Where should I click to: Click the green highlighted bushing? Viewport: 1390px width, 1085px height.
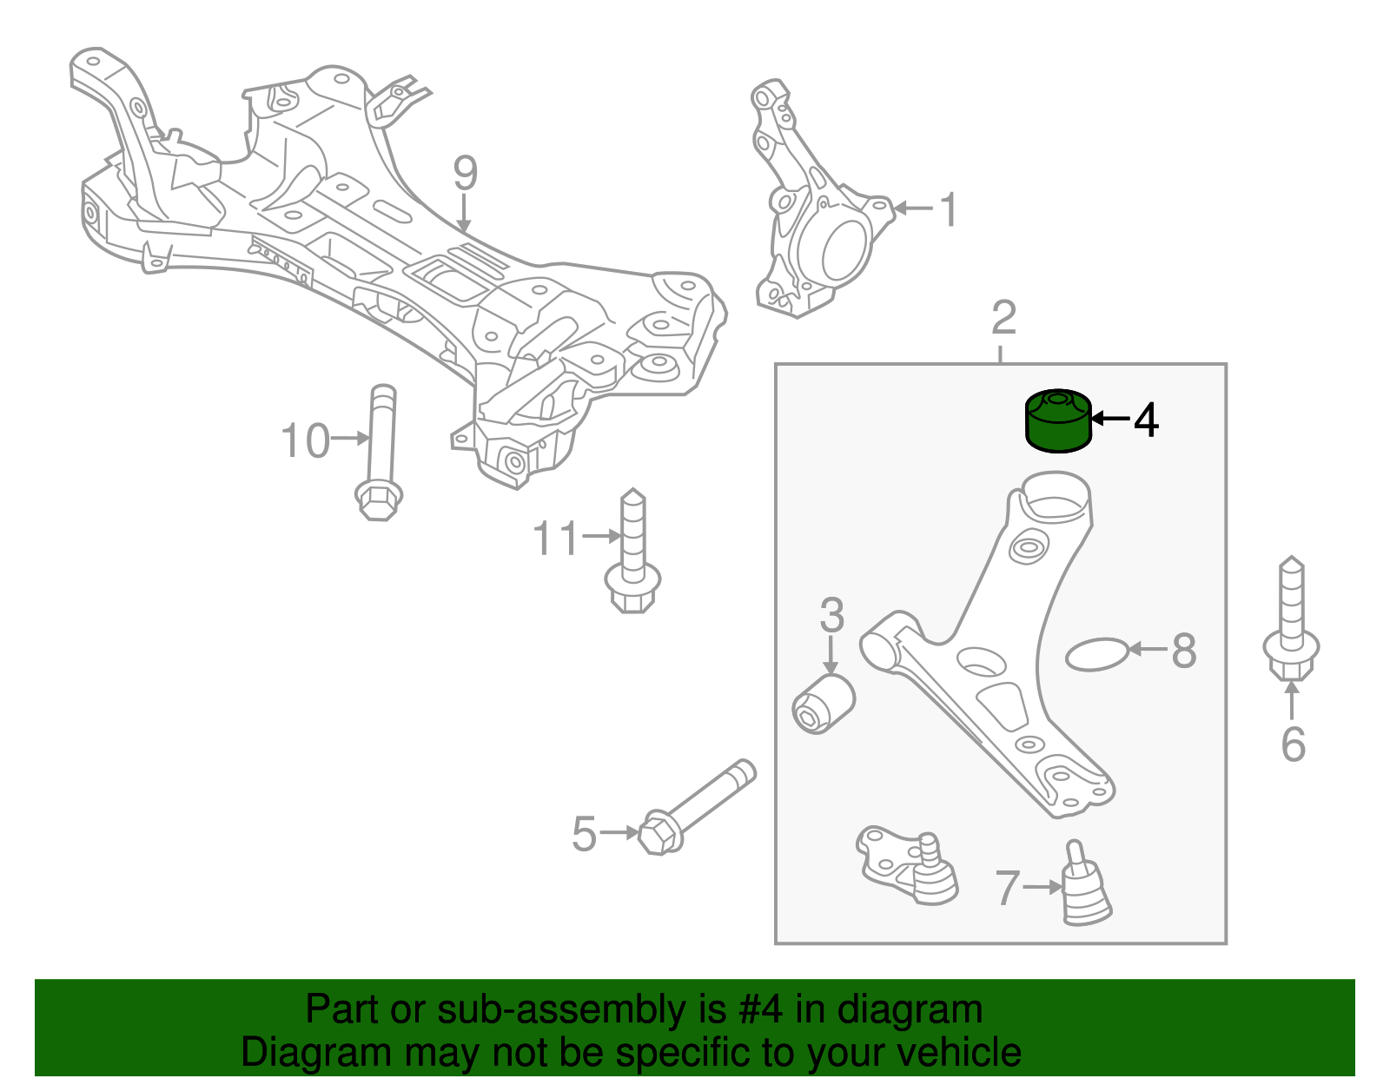1057,422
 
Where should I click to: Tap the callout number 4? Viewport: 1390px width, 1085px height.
1146,420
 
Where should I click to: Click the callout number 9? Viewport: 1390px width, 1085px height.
465,174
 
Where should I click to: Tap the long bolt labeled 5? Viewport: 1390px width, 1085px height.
695,803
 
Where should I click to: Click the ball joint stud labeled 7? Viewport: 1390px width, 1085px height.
1086,886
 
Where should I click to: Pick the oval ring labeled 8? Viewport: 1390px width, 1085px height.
1096,655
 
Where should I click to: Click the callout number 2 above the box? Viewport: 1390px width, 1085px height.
1003,318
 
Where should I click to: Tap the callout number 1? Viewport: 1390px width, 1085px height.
950,210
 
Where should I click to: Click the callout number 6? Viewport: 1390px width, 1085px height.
1293,744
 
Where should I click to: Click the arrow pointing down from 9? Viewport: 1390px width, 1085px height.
465,214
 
